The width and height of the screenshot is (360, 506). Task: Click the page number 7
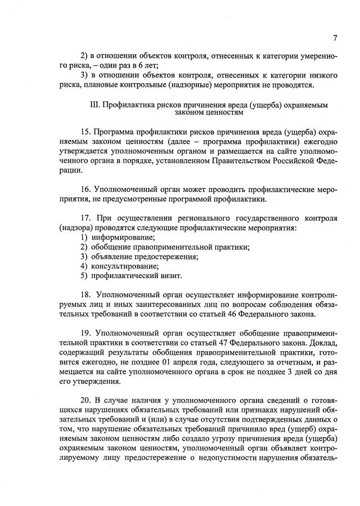(335, 38)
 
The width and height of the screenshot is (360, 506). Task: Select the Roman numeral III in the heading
(94, 105)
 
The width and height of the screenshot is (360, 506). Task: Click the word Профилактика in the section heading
(129, 105)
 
